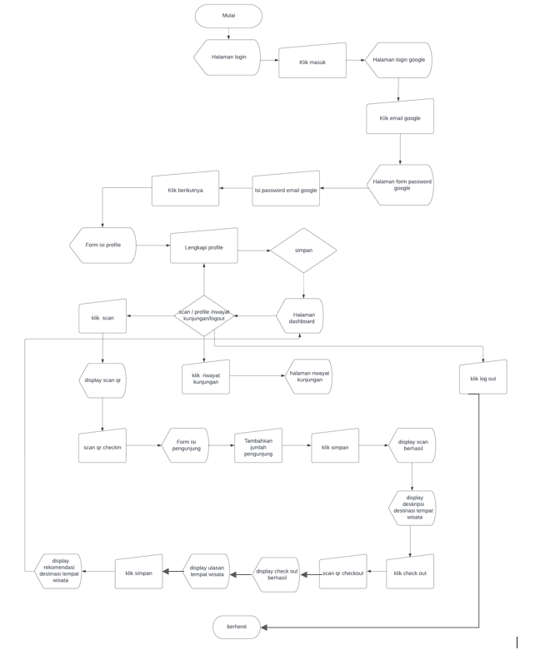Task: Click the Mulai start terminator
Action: [228, 16]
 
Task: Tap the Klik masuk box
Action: [312, 62]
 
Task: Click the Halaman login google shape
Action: [398, 60]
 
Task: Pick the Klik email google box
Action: [399, 118]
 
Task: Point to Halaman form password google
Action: [401, 185]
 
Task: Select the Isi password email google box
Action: [286, 190]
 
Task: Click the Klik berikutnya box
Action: [185, 190]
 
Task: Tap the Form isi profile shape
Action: [102, 246]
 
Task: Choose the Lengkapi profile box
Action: [203, 247]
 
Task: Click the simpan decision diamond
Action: [303, 250]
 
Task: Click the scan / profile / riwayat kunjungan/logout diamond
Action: [204, 315]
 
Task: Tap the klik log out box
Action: [482, 378]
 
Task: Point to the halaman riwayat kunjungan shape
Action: [309, 377]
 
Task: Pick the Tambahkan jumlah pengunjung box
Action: [257, 446]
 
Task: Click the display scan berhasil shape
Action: [412, 446]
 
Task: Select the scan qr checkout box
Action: [342, 573]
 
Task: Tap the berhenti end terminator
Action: [237, 627]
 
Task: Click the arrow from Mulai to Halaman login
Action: [228, 33]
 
